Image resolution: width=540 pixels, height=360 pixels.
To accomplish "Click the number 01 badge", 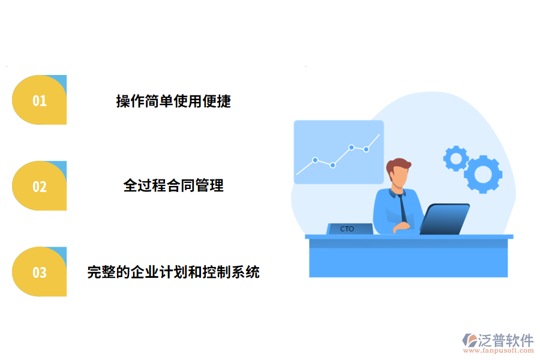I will coord(39,100).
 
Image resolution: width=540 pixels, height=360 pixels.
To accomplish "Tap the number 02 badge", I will coord(39,186).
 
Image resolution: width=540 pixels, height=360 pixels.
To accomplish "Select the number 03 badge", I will coord(39,272).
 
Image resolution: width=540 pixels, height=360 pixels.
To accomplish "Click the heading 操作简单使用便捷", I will coord(173,101).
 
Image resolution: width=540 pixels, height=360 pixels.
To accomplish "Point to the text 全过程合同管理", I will coord(173,186).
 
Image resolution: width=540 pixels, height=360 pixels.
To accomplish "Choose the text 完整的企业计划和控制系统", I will coord(173,272).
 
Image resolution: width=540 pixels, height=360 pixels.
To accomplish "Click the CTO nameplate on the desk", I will coord(348,229).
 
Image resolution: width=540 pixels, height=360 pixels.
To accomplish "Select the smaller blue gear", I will coord(456,158).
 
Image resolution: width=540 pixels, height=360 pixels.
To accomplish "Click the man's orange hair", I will coord(399,165).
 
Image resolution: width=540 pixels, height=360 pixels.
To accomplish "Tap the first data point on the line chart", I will coord(315,160).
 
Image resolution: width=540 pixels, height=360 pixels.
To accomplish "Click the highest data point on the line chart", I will coord(352,147).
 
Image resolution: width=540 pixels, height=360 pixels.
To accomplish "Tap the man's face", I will coord(398,178).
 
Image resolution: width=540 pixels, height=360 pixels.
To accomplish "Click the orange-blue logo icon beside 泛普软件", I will coord(469,341).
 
